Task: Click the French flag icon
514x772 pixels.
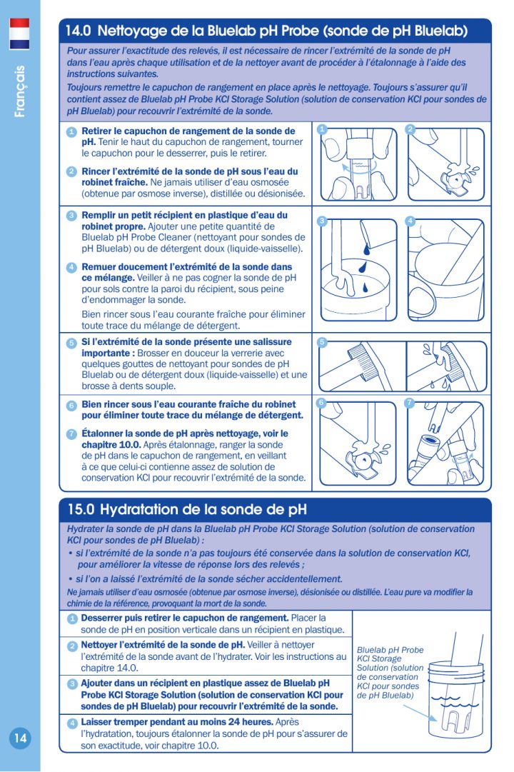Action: coord(19,34)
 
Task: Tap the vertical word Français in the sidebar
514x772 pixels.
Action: coord(20,91)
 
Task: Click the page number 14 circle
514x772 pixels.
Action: coord(19,738)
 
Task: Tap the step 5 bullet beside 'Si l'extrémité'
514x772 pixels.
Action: coord(71,344)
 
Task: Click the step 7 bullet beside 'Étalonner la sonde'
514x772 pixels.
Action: coord(71,434)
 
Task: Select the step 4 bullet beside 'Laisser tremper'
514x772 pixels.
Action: coord(71,723)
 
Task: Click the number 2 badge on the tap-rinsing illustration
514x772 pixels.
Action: coord(410,129)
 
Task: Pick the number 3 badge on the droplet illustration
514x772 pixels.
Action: coord(322,221)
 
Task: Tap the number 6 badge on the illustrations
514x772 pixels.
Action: coord(322,403)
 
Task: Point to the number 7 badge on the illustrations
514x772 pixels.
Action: coord(410,403)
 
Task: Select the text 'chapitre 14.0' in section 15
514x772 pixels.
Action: coord(109,668)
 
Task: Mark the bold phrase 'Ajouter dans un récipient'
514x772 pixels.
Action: coord(140,683)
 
